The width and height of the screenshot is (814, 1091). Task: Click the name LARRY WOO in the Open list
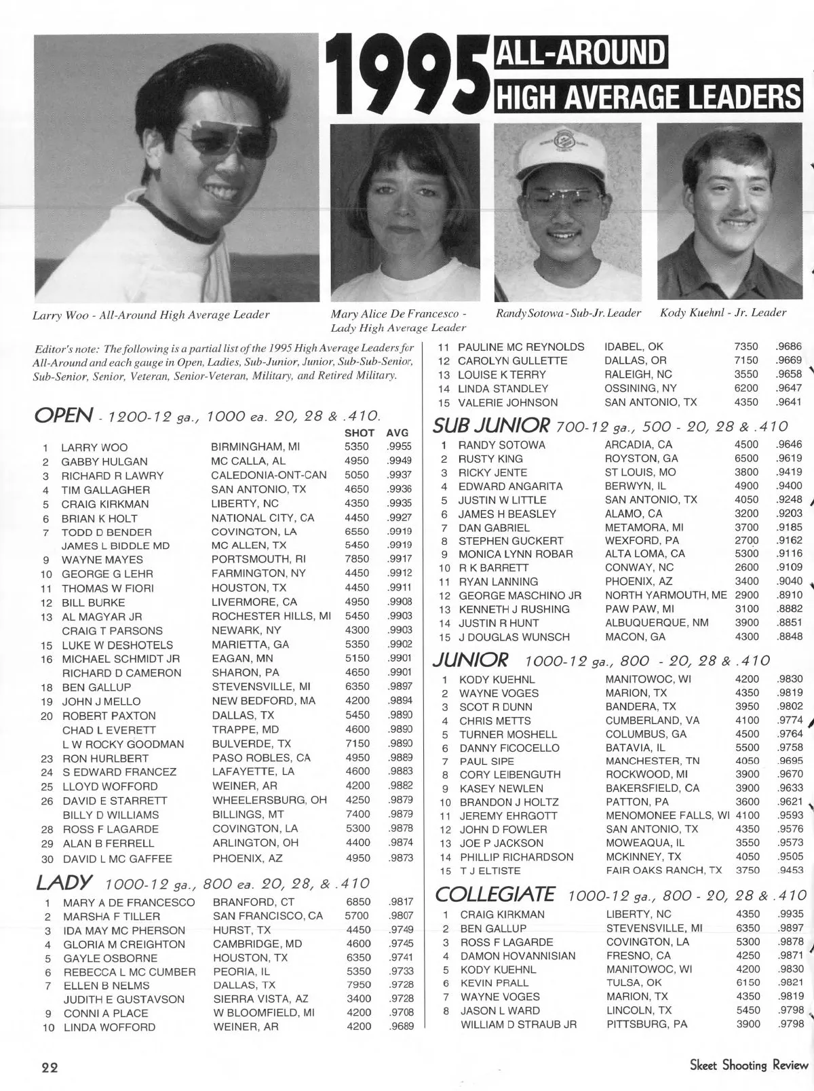point(94,448)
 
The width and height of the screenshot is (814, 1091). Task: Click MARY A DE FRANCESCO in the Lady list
point(129,903)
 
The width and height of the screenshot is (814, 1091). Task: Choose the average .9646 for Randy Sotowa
point(788,445)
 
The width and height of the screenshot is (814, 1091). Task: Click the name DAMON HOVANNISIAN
point(518,956)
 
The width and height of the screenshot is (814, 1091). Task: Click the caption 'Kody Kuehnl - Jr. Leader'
point(723,313)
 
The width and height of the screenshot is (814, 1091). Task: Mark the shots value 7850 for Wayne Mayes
point(357,560)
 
